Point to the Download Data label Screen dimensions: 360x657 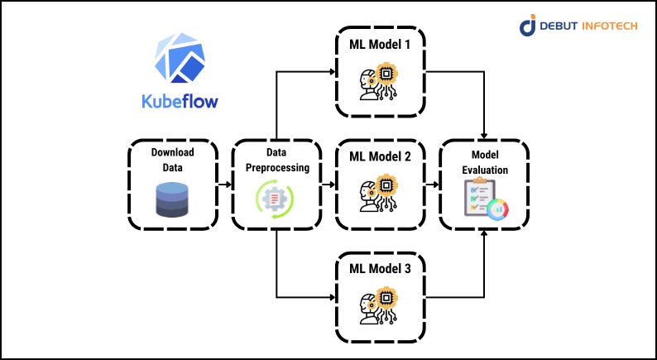point(174,159)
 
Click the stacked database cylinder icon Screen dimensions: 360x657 point(174,199)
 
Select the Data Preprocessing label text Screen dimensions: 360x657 point(276,160)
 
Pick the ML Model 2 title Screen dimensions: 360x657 point(380,156)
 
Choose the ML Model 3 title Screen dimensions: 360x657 point(380,269)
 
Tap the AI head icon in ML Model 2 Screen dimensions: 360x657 point(377,194)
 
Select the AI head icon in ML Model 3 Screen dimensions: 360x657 point(377,307)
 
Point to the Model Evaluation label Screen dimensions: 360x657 point(484,161)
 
